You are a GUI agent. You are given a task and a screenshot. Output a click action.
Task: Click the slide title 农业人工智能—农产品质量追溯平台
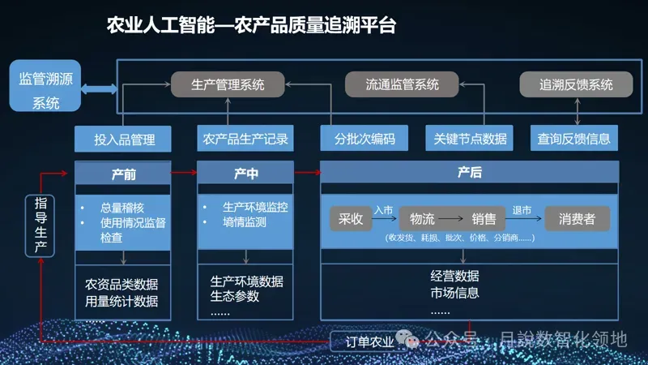pos(251,25)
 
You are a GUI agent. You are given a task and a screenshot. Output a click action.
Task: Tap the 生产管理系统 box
pos(228,84)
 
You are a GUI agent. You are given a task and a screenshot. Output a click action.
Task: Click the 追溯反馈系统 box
pos(576,84)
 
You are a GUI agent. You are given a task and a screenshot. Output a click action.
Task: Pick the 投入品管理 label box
pos(125,139)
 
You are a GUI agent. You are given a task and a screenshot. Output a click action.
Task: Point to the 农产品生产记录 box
pos(245,139)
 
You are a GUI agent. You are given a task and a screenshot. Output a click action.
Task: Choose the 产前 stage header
pos(123,174)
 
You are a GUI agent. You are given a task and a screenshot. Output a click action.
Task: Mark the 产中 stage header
pos(245,174)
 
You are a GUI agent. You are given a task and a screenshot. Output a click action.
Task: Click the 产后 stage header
pos(470,174)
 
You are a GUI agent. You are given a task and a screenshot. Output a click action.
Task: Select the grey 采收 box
pos(351,219)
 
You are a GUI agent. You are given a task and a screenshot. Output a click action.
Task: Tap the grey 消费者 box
pos(577,219)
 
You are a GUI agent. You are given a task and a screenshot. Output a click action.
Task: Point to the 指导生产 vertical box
pos(40,225)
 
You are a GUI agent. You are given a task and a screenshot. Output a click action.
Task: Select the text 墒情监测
pos(245,221)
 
